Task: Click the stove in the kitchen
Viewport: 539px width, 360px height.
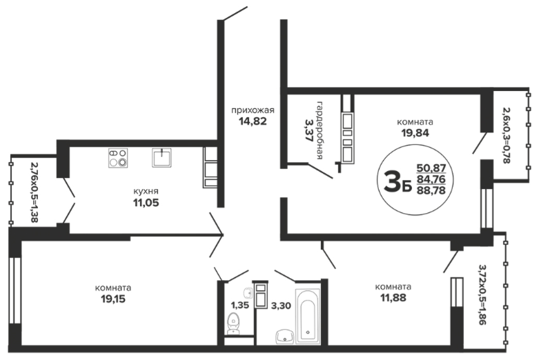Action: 118,158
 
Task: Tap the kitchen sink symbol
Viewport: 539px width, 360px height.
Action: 161,158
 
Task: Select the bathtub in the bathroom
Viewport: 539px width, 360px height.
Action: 308,317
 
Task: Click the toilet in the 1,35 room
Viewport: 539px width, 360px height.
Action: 235,323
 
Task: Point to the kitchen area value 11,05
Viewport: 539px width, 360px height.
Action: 146,203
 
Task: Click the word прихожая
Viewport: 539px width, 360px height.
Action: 253,110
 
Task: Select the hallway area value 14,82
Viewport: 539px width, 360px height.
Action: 253,121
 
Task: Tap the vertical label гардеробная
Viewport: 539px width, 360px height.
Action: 320,130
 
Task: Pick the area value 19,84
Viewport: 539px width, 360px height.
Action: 415,132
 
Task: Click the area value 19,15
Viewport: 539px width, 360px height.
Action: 113,299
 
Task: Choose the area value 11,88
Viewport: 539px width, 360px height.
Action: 393,297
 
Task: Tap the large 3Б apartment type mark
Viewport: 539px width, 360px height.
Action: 398,182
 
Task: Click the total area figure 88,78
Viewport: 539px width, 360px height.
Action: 431,190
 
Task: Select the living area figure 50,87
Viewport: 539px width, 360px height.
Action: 431,168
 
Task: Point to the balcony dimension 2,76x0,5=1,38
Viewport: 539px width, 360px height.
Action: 34,192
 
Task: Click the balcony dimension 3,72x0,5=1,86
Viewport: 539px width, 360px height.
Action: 482,294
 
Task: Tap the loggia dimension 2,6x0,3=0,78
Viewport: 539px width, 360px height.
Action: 506,135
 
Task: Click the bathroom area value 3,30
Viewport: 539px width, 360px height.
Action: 281,305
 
